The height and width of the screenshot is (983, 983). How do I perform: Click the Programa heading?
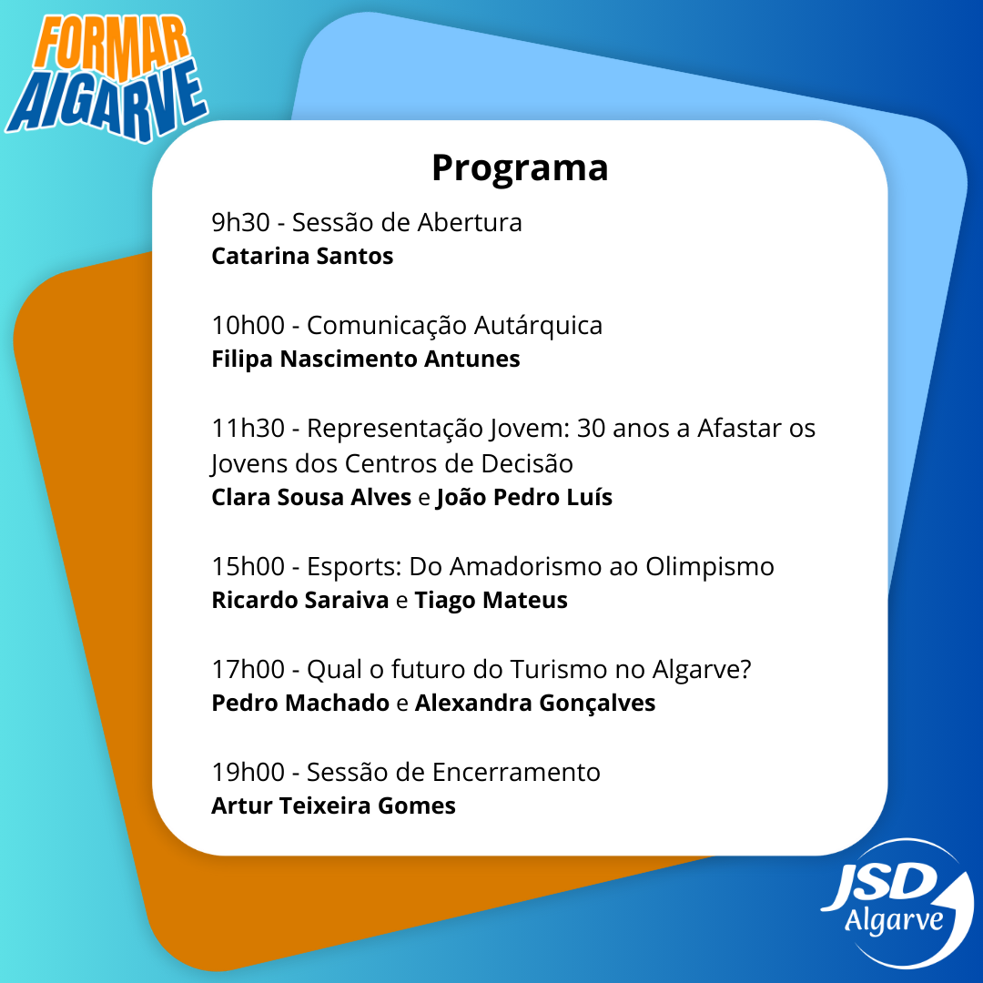[x=520, y=168]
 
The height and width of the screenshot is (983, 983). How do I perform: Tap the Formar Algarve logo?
[x=106, y=77]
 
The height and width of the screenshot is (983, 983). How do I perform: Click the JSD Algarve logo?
[x=897, y=903]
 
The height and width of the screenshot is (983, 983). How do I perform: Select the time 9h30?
[x=240, y=223]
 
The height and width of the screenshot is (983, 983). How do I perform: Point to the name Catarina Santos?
[x=302, y=256]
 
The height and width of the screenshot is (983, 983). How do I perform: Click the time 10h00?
[x=248, y=325]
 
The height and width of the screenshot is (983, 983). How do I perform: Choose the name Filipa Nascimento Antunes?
[x=366, y=359]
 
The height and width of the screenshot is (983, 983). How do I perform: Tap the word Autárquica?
[x=538, y=326]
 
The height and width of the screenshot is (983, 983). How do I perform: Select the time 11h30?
[x=248, y=428]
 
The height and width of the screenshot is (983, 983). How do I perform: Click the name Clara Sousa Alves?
[x=311, y=497]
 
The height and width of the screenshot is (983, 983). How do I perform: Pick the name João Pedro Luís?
[x=524, y=498]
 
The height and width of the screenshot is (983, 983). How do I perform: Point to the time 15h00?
[x=248, y=566]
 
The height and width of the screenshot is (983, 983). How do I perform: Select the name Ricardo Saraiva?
[x=300, y=600]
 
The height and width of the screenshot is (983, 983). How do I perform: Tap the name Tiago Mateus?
[x=491, y=601]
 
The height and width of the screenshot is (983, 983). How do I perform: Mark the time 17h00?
[x=248, y=669]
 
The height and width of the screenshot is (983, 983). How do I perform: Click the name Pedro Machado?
[x=300, y=703]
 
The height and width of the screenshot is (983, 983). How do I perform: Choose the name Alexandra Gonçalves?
[x=535, y=704]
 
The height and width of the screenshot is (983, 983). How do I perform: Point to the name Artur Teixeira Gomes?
[x=333, y=806]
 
